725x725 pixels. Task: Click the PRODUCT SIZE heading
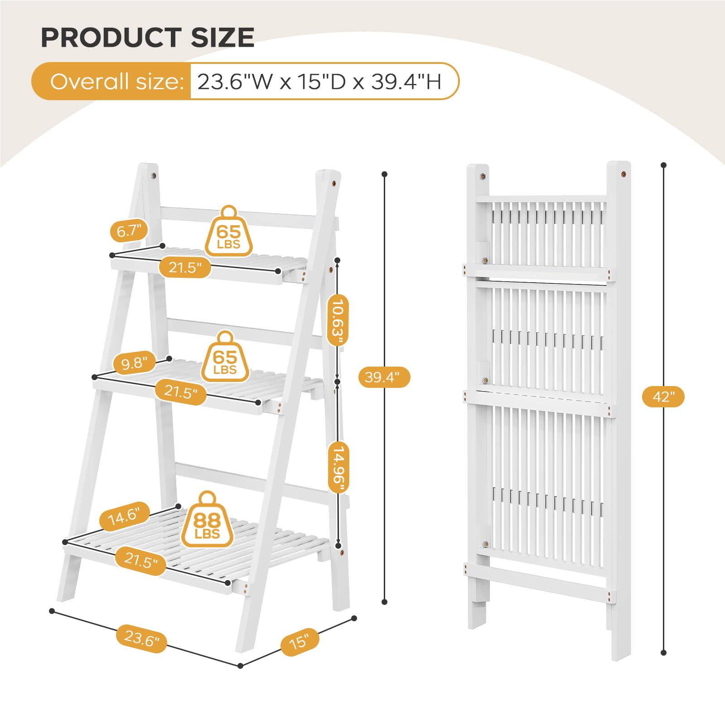(147, 37)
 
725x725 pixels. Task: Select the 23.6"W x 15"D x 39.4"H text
(319, 82)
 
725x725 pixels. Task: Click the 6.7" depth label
(129, 231)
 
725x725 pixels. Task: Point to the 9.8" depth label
(135, 363)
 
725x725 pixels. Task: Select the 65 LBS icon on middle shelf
(225, 357)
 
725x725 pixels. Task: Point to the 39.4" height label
(384, 377)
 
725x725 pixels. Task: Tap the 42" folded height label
(663, 397)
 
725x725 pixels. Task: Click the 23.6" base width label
(142, 638)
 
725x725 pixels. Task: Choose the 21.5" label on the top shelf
(185, 267)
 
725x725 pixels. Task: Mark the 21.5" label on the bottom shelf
(141, 561)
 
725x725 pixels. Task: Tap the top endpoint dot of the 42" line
(663, 165)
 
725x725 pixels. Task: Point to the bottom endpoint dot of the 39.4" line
(385, 602)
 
